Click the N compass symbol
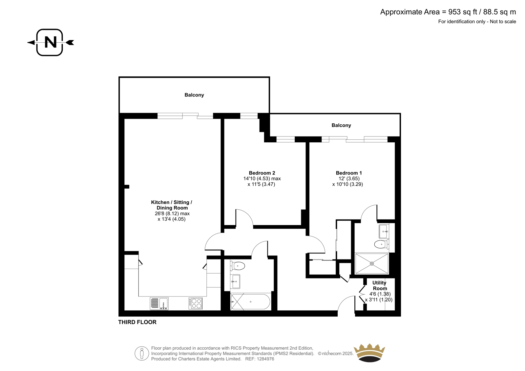(x=50, y=42)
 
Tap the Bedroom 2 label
(x=262, y=173)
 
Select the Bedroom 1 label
(x=349, y=173)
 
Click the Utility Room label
(x=380, y=285)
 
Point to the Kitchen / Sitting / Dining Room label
(x=172, y=205)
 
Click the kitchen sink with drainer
(x=159, y=303)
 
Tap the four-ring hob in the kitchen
(x=195, y=303)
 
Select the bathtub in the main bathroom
(x=251, y=302)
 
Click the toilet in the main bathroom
(x=238, y=266)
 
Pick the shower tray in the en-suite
(x=372, y=263)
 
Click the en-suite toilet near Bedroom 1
(x=382, y=244)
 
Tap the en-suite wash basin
(x=384, y=231)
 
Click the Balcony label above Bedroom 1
(x=341, y=125)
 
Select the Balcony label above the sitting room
(x=194, y=95)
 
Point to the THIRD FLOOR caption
(x=137, y=322)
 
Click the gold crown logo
(x=369, y=353)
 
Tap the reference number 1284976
(x=265, y=359)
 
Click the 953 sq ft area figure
(x=463, y=12)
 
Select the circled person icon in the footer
(x=142, y=353)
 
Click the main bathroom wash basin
(x=235, y=281)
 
